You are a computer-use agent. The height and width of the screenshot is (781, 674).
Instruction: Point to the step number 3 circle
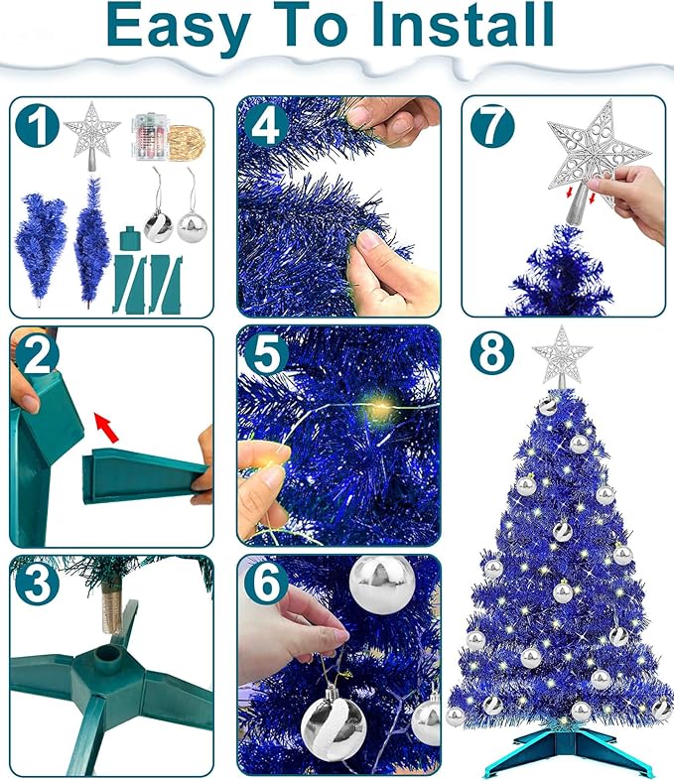click(x=36, y=585)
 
